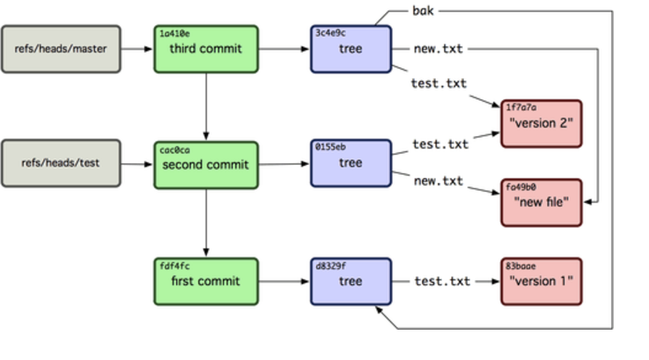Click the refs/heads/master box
coord(61,49)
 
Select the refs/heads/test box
coord(61,163)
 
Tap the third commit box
coord(206,49)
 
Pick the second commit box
coord(206,165)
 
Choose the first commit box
coord(206,281)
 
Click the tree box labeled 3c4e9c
coord(351,49)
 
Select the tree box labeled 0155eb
coord(351,163)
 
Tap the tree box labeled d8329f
coord(351,281)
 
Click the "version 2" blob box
coord(542,124)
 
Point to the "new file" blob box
coord(542,203)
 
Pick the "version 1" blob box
coord(542,281)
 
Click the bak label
coord(423,11)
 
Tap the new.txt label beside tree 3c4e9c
coord(438,49)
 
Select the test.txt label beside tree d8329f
coord(442,281)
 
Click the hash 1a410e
coord(175,34)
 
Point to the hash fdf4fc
coord(175,266)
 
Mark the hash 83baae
coord(520,266)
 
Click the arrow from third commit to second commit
coord(206,107)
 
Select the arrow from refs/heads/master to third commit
coord(137,49)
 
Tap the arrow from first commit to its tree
coord(284,281)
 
